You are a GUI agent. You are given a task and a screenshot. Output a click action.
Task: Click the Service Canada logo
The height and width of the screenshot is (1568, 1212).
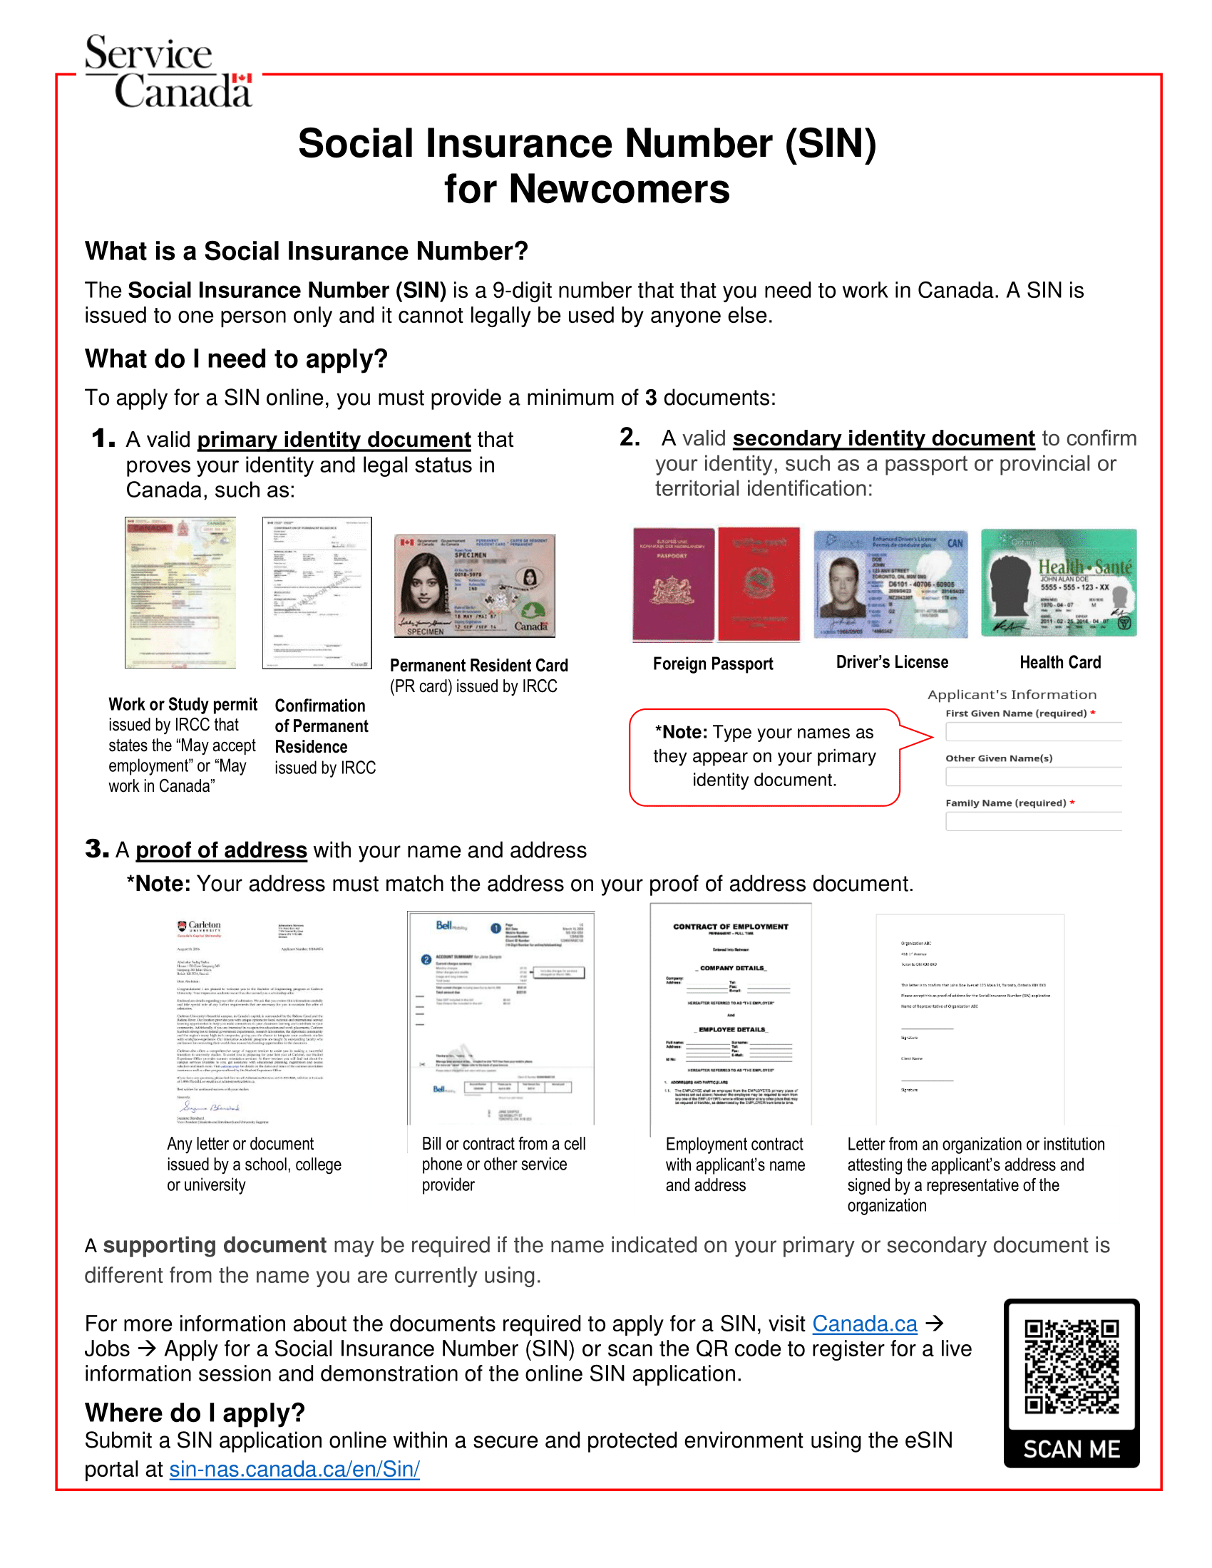(x=169, y=72)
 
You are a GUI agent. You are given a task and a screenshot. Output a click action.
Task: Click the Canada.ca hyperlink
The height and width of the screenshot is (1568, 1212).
(x=865, y=1324)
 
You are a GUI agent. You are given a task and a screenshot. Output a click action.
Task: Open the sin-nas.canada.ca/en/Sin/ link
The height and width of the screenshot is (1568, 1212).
(x=294, y=1469)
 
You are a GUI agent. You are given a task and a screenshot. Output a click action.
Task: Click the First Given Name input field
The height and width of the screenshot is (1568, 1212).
(x=1033, y=731)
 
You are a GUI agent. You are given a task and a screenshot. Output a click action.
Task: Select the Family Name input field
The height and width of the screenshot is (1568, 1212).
(x=1033, y=821)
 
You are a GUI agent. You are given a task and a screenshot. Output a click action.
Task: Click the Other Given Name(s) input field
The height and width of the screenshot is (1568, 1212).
(x=1033, y=777)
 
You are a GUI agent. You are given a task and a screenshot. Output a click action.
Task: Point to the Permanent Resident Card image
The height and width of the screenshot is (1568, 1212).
(x=475, y=586)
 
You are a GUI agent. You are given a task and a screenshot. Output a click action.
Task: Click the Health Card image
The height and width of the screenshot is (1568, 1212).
(x=1058, y=583)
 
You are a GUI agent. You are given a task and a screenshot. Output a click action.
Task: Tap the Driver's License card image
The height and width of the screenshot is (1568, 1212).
(x=890, y=584)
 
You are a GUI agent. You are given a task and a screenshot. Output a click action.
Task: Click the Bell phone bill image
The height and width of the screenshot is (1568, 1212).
(x=501, y=1017)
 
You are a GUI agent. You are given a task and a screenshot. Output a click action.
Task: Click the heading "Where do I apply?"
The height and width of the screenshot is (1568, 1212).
(x=195, y=1412)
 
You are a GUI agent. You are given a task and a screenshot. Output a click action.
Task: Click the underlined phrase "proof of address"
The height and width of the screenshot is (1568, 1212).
(x=221, y=850)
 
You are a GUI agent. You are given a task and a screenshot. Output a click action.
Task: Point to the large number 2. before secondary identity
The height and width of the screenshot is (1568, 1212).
(x=630, y=436)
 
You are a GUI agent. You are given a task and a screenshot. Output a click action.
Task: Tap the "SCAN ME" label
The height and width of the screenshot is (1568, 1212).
(x=1072, y=1449)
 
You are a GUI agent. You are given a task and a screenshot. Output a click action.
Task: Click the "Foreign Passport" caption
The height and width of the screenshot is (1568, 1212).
(x=713, y=664)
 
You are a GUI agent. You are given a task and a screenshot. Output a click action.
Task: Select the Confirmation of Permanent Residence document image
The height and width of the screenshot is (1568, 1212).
(x=317, y=593)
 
